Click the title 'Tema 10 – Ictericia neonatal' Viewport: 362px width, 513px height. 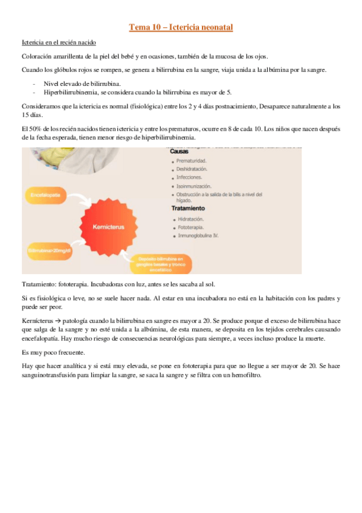point(181,27)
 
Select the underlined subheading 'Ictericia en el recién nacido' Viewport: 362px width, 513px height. point(59,43)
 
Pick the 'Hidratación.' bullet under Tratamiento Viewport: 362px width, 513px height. point(191,218)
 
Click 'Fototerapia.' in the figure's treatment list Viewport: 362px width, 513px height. point(191,227)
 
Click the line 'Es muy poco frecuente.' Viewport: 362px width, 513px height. point(54,351)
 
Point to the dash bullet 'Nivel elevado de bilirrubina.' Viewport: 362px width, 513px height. point(82,83)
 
